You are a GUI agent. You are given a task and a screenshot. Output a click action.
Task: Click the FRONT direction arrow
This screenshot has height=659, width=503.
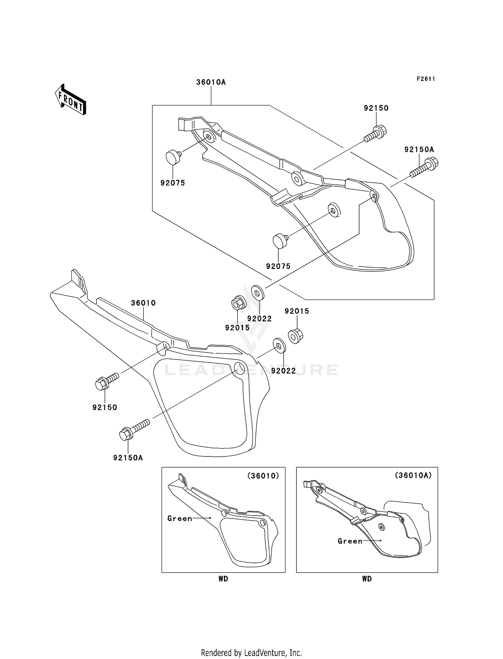[x=71, y=100]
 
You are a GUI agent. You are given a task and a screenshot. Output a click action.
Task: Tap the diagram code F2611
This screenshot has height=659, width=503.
[x=426, y=79]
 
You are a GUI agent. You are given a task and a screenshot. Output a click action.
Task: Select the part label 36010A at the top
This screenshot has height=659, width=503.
[x=211, y=82]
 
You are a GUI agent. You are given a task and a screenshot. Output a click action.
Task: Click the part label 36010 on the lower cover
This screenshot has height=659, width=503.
[x=143, y=303]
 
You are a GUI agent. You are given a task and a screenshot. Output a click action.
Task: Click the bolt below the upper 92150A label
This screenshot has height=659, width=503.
[x=424, y=169]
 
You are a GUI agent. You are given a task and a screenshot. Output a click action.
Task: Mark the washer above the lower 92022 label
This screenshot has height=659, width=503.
[x=279, y=345]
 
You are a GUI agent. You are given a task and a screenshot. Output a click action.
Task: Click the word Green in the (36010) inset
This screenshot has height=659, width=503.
[x=180, y=519]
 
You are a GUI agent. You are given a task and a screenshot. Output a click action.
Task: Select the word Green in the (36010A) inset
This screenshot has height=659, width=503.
[x=350, y=541]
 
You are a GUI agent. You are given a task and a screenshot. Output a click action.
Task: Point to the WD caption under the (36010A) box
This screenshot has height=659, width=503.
[x=367, y=579]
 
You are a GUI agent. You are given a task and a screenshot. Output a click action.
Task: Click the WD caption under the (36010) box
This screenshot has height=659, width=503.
[x=223, y=579]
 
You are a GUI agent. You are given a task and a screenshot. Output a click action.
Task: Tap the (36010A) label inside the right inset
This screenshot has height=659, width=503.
[x=413, y=475]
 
